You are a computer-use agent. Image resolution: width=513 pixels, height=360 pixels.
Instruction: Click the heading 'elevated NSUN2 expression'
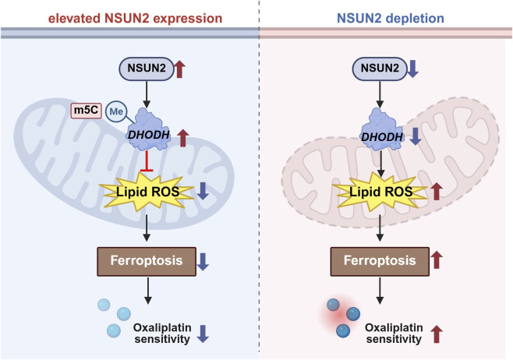coord(135,18)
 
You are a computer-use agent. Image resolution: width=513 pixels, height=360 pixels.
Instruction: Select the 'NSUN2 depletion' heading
coord(391,18)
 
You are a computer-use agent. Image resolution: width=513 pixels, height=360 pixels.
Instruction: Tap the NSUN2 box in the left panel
coord(147,69)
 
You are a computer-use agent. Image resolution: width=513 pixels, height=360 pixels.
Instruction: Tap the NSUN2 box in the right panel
coord(380,69)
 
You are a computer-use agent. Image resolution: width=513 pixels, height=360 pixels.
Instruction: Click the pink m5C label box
coord(87,110)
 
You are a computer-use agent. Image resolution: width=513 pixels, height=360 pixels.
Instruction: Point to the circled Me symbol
coord(116,112)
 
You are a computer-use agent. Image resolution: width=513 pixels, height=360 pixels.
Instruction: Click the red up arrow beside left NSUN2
coord(179,69)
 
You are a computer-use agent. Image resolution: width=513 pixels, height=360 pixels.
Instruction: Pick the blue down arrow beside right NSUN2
coord(412,69)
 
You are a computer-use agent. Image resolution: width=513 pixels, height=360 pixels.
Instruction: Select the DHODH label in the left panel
coord(149,134)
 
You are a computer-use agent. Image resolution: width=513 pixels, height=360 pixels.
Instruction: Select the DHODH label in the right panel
coord(382,136)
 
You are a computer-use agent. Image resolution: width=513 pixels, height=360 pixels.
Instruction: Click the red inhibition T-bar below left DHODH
coord(147,161)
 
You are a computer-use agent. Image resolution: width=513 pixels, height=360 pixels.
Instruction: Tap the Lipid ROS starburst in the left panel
coord(147,191)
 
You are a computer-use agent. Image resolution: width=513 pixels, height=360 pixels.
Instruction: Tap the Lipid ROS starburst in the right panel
coord(380,191)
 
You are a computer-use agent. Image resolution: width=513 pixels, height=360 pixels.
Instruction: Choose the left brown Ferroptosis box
coord(147,261)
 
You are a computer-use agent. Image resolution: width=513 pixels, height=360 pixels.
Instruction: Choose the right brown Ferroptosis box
coord(380,261)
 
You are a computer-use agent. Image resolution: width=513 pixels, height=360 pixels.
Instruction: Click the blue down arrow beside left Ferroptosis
coord(203,262)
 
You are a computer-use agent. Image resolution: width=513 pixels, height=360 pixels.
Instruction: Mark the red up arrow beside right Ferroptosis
coord(436,260)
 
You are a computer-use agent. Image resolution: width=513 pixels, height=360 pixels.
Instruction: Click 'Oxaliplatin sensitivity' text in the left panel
coord(162,334)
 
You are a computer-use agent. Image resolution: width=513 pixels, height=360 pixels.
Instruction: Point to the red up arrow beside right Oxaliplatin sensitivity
coord(436,334)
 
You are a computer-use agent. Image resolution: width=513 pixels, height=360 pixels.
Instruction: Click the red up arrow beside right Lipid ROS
coord(436,192)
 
